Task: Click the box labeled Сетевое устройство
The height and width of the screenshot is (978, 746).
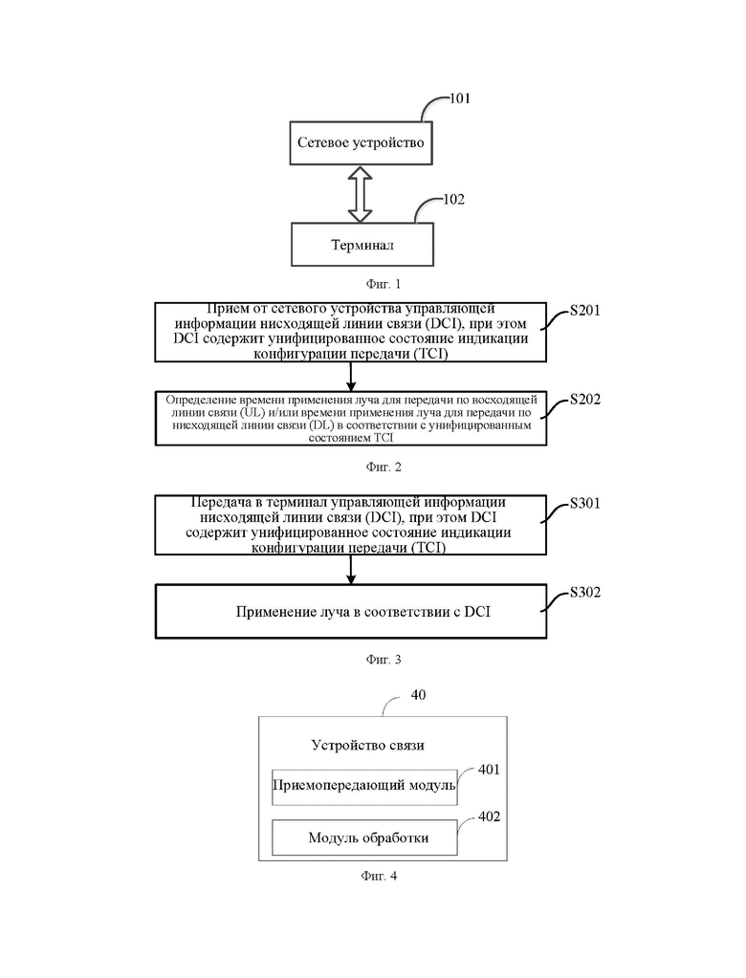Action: coord(361,142)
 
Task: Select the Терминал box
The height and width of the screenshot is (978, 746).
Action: coord(362,245)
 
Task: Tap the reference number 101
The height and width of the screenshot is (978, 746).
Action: coord(460,98)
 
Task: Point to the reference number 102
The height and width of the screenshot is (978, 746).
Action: coord(453,200)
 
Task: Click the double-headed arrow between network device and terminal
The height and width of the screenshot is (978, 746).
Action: coord(360,194)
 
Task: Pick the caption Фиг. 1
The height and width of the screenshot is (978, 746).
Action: coord(383,285)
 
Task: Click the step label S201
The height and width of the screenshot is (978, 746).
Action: coord(585,311)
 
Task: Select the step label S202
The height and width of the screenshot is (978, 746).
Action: coord(585,400)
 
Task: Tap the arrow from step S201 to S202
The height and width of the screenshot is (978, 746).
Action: coord(351,376)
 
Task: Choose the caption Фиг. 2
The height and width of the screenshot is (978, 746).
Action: coord(383,467)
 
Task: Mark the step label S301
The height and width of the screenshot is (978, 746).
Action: coord(585,504)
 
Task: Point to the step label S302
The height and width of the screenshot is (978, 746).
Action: coord(585,592)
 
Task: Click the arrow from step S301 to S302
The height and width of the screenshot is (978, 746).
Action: coord(351,570)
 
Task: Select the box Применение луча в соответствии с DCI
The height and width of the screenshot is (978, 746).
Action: coord(351,611)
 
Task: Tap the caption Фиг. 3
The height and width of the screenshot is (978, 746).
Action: coord(383,660)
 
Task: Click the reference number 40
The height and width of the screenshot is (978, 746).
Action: coord(418,695)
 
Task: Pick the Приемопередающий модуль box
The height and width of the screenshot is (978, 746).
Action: coord(364,787)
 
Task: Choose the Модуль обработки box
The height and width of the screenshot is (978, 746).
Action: coord(364,837)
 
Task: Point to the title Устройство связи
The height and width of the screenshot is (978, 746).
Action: coord(368,746)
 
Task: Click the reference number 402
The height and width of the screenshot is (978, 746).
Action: coord(489,817)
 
